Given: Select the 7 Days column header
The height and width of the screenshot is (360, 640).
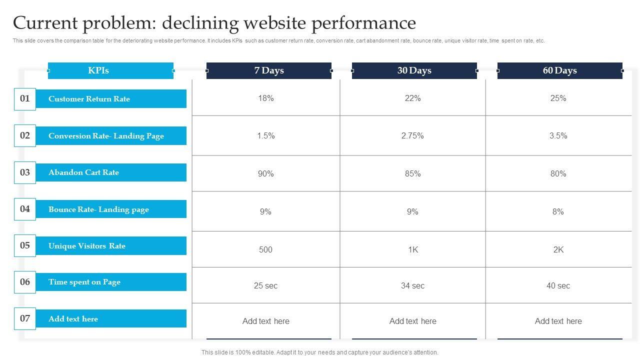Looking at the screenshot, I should pyautogui.click(x=269, y=70).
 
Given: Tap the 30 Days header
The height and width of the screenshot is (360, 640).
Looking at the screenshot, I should pyautogui.click(x=414, y=70).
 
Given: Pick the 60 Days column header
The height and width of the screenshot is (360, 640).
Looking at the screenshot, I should pyautogui.click(x=560, y=70).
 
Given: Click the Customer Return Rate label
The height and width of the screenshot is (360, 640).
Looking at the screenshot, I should pyautogui.click(x=89, y=99).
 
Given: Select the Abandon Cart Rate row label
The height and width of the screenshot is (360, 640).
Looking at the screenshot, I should pyautogui.click(x=84, y=172).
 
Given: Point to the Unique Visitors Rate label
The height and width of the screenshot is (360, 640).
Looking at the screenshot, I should pyautogui.click(x=87, y=246).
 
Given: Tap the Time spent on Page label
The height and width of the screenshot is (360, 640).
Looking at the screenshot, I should pyautogui.click(x=84, y=282).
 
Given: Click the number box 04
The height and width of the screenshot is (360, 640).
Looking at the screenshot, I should pyautogui.click(x=25, y=209).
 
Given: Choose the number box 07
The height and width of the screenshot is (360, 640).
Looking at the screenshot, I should pyautogui.click(x=25, y=318).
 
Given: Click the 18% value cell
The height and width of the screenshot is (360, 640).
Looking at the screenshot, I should pyautogui.click(x=266, y=98).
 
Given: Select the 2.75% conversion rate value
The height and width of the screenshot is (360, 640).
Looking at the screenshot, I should pyautogui.click(x=412, y=135).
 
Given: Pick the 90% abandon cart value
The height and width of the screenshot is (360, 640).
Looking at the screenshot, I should pyautogui.click(x=266, y=173).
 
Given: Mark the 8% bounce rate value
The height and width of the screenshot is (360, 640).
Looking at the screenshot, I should pyautogui.click(x=558, y=212).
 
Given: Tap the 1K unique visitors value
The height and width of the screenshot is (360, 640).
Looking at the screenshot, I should pyautogui.click(x=413, y=249).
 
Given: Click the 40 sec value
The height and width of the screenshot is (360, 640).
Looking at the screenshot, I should pyautogui.click(x=558, y=286).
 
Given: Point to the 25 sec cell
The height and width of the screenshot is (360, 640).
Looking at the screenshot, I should pyautogui.click(x=266, y=286).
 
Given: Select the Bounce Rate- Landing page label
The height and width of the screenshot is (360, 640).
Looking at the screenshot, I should pyautogui.click(x=99, y=209).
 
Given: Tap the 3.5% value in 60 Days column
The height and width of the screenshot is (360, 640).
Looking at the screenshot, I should pyautogui.click(x=558, y=135).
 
